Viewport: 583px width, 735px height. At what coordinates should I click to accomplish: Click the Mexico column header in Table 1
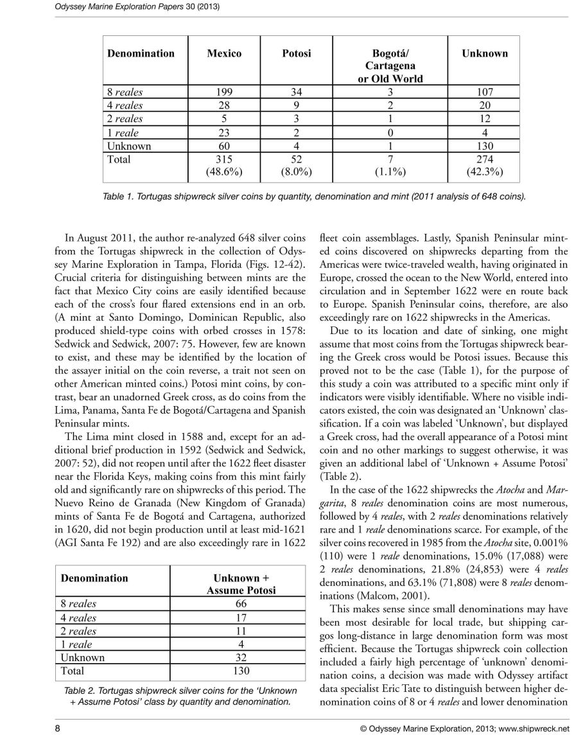tap(224, 53)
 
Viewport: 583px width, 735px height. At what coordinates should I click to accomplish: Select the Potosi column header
tap(296, 53)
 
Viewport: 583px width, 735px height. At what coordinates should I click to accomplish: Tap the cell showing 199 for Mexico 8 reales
tap(224, 92)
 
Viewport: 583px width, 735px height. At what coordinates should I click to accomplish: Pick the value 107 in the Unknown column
tap(484, 92)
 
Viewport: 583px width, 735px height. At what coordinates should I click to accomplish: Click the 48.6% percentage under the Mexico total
tap(224, 172)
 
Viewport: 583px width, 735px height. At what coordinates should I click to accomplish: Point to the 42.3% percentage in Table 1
tap(484, 172)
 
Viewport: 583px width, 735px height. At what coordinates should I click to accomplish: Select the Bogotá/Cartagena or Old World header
tap(390, 66)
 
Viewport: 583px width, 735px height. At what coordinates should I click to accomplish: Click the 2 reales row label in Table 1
tap(125, 119)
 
